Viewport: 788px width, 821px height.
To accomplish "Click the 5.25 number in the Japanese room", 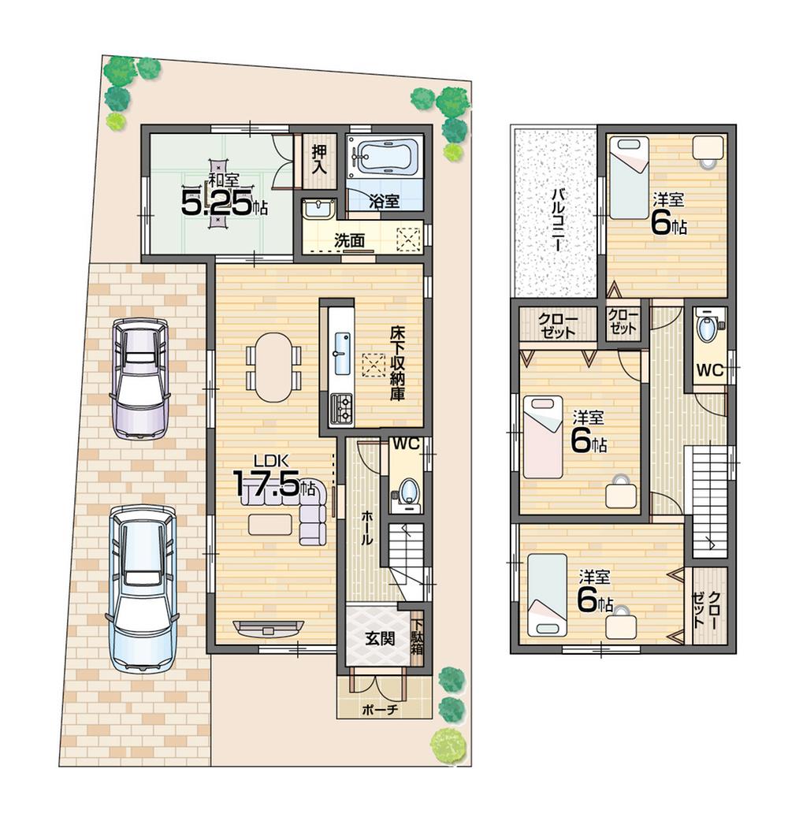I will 217,203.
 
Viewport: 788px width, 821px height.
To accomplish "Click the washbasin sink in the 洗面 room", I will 318,210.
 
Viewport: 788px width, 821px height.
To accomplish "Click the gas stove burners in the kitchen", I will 342,406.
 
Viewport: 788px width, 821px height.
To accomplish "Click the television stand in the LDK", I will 268,628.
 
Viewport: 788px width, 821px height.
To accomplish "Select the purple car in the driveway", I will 140,377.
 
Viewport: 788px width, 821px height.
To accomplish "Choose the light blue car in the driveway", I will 142,587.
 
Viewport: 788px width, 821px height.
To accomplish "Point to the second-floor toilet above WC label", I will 708,329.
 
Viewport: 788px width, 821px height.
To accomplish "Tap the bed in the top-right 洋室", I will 629,177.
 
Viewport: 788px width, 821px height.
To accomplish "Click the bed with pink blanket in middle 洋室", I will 543,437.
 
